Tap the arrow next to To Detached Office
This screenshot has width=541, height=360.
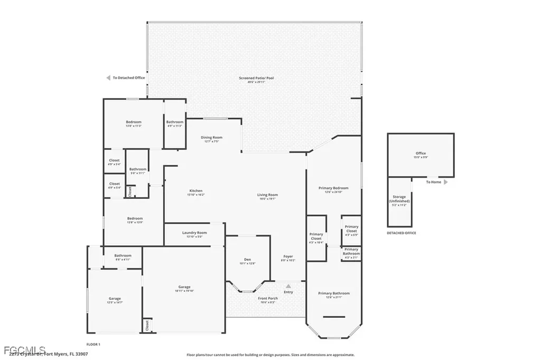click(x=108, y=78)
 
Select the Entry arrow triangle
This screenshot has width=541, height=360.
click(x=288, y=286)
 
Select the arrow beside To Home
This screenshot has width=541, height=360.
click(x=445, y=182)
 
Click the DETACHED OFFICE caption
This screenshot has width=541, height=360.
click(x=401, y=233)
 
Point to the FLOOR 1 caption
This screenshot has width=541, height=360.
click(x=93, y=344)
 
